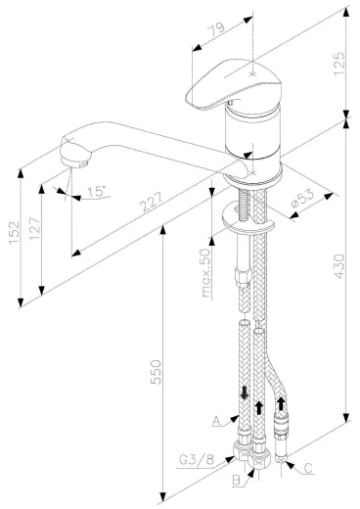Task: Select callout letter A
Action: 214,421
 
